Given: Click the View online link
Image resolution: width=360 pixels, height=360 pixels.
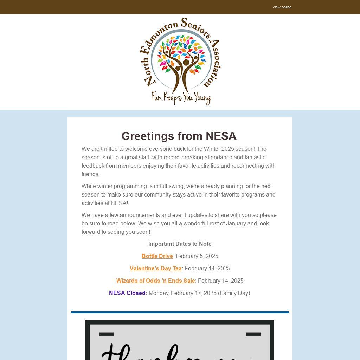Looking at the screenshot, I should coord(282,7).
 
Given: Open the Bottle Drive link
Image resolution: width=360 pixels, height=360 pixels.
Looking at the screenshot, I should coord(157,256).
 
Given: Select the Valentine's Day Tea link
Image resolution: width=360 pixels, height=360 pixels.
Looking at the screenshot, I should coord(155,269).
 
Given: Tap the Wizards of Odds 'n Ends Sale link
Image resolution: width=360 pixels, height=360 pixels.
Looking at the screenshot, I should coord(155,281).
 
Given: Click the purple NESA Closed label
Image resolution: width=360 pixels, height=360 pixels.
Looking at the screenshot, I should coord(128,293).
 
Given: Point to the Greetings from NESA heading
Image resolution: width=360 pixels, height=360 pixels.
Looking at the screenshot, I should coord(179,136).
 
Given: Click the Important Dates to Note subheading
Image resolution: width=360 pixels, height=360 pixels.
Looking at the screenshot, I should coord(180,244).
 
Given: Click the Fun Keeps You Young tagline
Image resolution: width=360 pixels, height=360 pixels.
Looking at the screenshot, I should coord(181,98).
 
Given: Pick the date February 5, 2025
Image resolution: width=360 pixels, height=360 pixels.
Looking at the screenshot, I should coord(197,256).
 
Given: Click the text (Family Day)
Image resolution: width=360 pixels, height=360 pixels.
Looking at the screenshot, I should coord(234,293).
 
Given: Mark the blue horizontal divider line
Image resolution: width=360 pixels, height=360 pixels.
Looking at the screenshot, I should coord(180,312).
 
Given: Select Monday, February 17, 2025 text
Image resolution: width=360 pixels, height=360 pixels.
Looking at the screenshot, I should coord(182,293).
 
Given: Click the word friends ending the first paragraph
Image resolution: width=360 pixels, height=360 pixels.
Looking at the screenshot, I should coord(90,174).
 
